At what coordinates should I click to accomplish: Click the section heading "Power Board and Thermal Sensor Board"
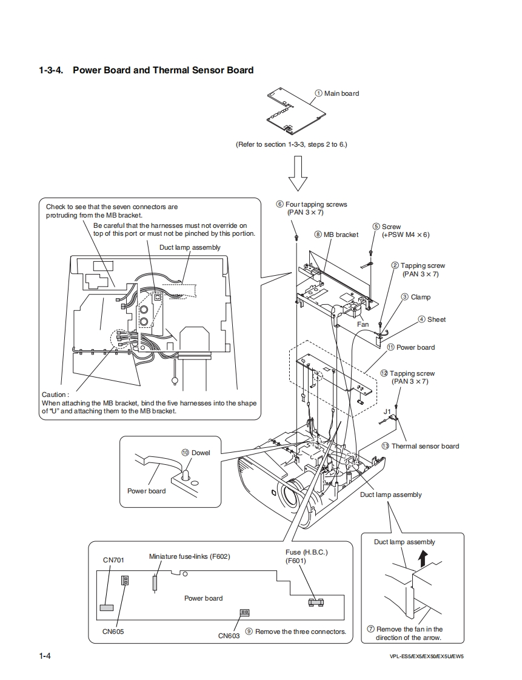click(162, 70)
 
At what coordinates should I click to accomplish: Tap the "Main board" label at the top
click(341, 93)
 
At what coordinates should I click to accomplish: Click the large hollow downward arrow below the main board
click(298, 173)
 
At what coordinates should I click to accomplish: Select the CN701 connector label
click(113, 560)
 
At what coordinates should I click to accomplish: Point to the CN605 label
click(113, 631)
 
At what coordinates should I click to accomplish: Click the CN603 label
click(229, 636)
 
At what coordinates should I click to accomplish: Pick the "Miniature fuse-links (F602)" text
click(190, 556)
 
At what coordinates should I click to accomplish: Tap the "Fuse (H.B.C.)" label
click(306, 553)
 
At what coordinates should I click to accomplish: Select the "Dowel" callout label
click(201, 453)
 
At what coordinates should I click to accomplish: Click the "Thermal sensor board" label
click(425, 446)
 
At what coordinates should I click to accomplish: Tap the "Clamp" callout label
click(420, 297)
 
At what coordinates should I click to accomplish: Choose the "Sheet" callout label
click(436, 319)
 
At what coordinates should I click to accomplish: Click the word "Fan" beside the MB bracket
click(363, 324)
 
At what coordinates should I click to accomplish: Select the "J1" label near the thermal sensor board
click(387, 411)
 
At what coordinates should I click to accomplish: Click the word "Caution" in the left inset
click(55, 395)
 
